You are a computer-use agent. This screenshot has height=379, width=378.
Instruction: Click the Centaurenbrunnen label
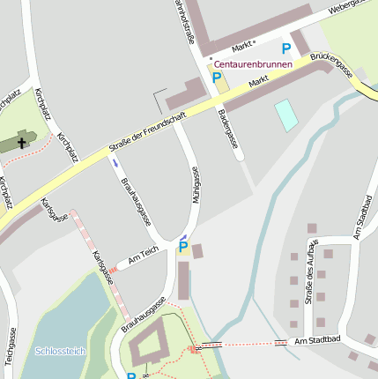coord(253,64)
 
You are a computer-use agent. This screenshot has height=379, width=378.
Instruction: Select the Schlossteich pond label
coord(61,351)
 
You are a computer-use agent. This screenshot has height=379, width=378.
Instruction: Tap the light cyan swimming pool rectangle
coord(286,115)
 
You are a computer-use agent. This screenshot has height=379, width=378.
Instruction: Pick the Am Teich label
coord(143,256)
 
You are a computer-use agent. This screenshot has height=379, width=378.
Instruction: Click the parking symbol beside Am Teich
coord(183,247)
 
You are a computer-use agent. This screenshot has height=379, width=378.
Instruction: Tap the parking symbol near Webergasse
coord(285,49)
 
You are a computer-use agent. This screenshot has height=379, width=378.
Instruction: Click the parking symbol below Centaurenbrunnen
coord(217,78)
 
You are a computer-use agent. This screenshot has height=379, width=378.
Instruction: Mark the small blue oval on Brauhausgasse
coord(114,162)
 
